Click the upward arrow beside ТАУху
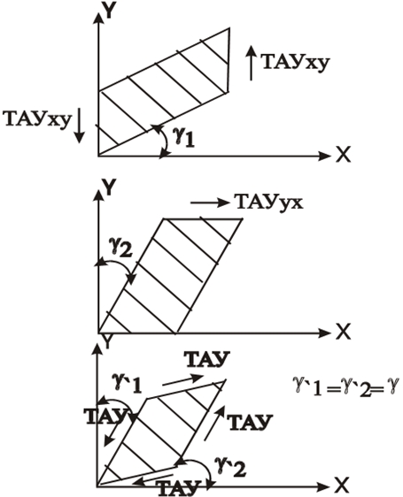pyautogui.click(x=252, y=63)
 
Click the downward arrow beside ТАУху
pyautogui.click(x=79, y=126)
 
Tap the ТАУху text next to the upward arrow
pyautogui.click(x=296, y=62)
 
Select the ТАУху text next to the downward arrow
pyautogui.click(x=37, y=119)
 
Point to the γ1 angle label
pyautogui.click(x=184, y=137)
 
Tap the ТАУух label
pyautogui.click(x=269, y=202)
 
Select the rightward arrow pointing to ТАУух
pyautogui.click(x=210, y=203)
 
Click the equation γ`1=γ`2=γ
pyautogui.click(x=345, y=386)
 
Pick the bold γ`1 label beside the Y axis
pyautogui.click(x=127, y=383)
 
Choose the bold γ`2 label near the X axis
pyautogui.click(x=230, y=467)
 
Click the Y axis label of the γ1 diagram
pyautogui.click(x=109, y=11)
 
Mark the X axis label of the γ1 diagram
pyautogui.click(x=343, y=156)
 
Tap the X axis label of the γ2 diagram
pyautogui.click(x=343, y=332)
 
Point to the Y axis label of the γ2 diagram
pyautogui.click(x=109, y=187)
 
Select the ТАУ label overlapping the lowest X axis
pyautogui.click(x=179, y=488)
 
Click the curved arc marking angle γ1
pyautogui.click(x=165, y=140)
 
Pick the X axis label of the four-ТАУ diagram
pyautogui.click(x=342, y=486)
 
